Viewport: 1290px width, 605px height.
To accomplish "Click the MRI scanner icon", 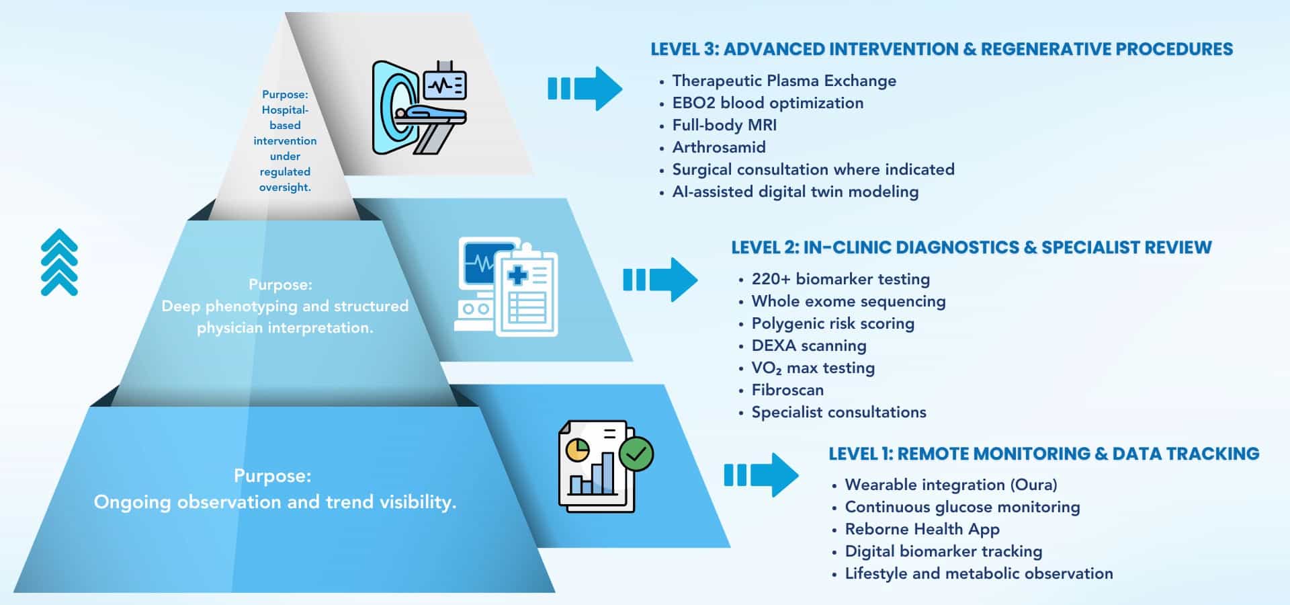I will point(419,108).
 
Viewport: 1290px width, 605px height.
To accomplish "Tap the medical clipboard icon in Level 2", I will point(526,290).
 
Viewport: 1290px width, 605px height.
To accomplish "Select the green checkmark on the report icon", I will point(636,454).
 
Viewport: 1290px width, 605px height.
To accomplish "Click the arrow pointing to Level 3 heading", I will point(585,89).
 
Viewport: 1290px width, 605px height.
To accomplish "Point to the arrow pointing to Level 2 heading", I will point(660,280).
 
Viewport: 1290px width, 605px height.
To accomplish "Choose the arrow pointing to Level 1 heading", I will point(761,475).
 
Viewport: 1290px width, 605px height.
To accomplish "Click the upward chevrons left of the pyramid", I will point(59,262).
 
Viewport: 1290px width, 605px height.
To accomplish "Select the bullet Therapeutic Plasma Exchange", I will point(783,81).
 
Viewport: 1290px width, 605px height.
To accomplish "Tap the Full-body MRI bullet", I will point(724,125).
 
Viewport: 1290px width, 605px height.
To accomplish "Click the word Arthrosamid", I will point(718,147).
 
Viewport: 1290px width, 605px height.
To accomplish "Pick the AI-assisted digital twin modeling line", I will point(795,192).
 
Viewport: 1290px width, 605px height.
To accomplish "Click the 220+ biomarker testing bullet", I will point(840,279).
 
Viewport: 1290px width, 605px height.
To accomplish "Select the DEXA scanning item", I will point(808,346).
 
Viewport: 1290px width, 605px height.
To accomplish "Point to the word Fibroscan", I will point(787,390).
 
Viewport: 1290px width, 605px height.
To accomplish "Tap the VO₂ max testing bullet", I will point(812,368).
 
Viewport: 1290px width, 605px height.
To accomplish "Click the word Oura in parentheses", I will point(1036,485).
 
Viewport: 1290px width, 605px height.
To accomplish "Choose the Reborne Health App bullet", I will point(921,529).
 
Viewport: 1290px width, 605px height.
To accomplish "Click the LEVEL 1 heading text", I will point(1043,454).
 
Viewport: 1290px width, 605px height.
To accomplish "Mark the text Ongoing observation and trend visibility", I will point(275,502).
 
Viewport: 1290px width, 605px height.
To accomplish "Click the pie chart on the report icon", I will point(577,450).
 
